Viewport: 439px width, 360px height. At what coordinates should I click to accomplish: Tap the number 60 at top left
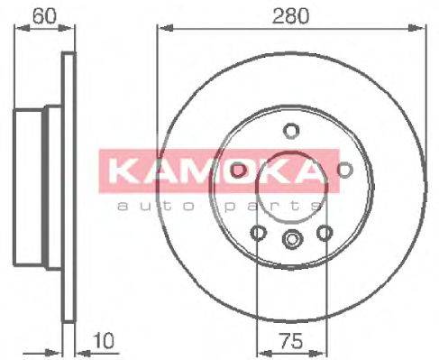(x=42, y=15)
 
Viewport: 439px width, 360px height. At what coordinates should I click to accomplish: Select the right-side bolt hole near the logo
(x=343, y=169)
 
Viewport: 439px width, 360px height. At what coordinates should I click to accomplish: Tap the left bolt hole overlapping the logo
(x=237, y=169)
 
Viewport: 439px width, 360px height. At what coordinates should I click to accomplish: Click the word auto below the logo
(x=143, y=206)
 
